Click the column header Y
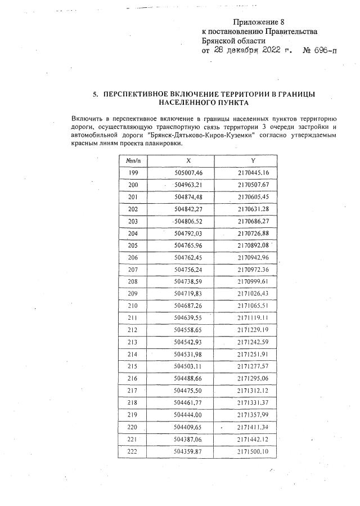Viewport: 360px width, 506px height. click(253, 160)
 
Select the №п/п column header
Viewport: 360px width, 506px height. click(133, 160)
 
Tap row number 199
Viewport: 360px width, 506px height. click(133, 173)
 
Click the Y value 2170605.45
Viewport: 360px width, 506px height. click(253, 196)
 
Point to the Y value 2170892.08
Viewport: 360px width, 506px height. click(253, 245)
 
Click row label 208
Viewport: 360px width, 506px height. click(133, 281)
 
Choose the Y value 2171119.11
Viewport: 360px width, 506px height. click(253, 317)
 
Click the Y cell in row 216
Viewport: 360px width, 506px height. click(253, 377)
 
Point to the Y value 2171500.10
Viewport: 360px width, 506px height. click(253, 451)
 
